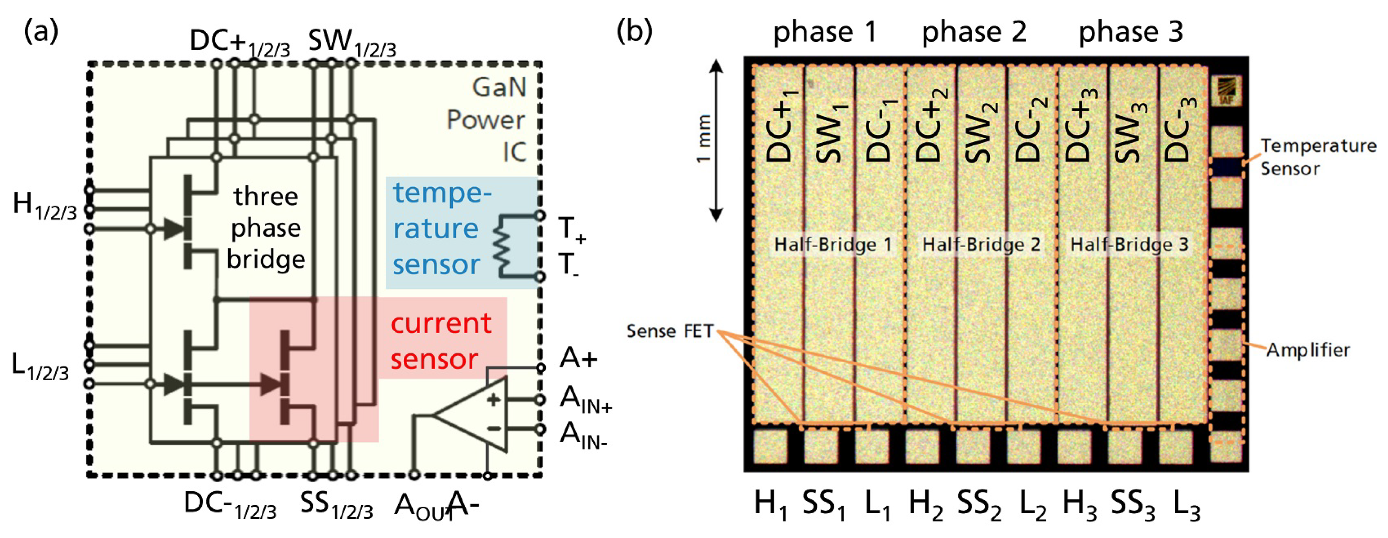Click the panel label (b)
(x=634, y=31)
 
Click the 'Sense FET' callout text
(x=670, y=331)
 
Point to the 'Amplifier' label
(x=1308, y=350)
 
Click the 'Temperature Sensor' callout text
(x=1317, y=157)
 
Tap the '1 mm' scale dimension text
(x=703, y=139)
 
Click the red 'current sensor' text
(x=441, y=341)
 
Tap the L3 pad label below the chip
(x=1187, y=506)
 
